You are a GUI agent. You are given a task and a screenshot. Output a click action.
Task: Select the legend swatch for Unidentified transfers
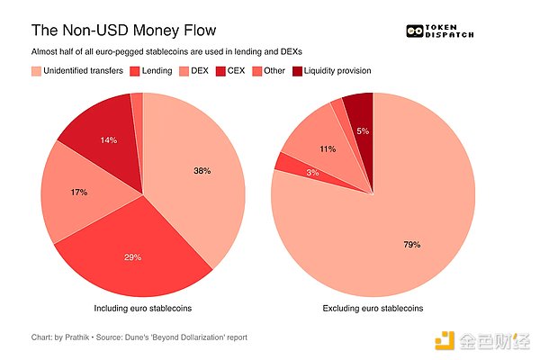click(x=37, y=71)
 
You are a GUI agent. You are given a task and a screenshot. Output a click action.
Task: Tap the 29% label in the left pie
click(x=133, y=257)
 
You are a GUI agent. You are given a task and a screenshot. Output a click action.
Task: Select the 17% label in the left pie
click(x=80, y=192)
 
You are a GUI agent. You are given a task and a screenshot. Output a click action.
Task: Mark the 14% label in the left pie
click(x=108, y=139)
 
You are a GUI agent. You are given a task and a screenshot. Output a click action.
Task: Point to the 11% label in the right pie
click(x=327, y=149)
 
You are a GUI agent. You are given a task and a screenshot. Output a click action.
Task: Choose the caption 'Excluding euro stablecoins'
click(x=372, y=309)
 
